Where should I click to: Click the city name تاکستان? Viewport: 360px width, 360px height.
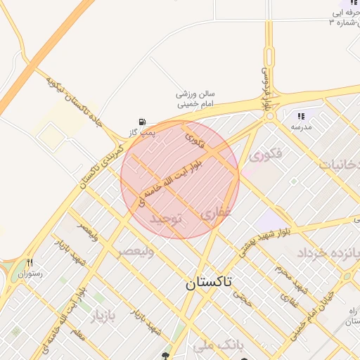(x=209, y=283)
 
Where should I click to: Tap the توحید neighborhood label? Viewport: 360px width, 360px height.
(x=166, y=219)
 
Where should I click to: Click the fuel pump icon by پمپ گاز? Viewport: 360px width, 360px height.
(x=143, y=122)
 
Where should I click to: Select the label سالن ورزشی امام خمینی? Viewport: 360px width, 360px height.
(x=195, y=98)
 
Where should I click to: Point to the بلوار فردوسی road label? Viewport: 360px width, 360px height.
(x=268, y=88)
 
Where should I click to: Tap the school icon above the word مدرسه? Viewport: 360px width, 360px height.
(x=301, y=116)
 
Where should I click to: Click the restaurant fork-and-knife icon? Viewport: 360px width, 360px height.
(x=30, y=262)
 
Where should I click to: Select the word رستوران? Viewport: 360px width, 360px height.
(x=31, y=273)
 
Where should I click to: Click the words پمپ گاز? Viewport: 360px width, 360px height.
(x=141, y=132)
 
